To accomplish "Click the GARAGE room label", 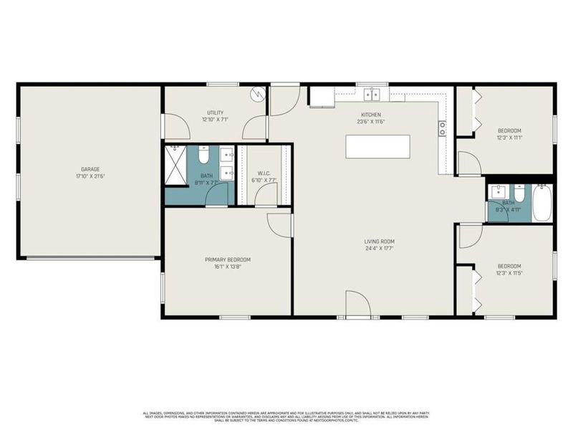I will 90,168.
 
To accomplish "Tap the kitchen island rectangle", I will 377,146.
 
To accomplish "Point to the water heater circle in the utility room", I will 256,93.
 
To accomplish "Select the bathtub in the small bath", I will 541,203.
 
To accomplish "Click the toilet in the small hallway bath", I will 519,193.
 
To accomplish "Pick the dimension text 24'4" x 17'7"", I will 380,249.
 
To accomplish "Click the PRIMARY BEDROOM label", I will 228,259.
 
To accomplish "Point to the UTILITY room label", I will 216,113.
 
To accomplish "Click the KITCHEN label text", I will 371,115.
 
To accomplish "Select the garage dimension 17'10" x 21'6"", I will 90,176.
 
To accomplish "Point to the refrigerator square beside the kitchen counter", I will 322,96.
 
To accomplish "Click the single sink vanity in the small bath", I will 499,192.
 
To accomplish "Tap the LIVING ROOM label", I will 380,242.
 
